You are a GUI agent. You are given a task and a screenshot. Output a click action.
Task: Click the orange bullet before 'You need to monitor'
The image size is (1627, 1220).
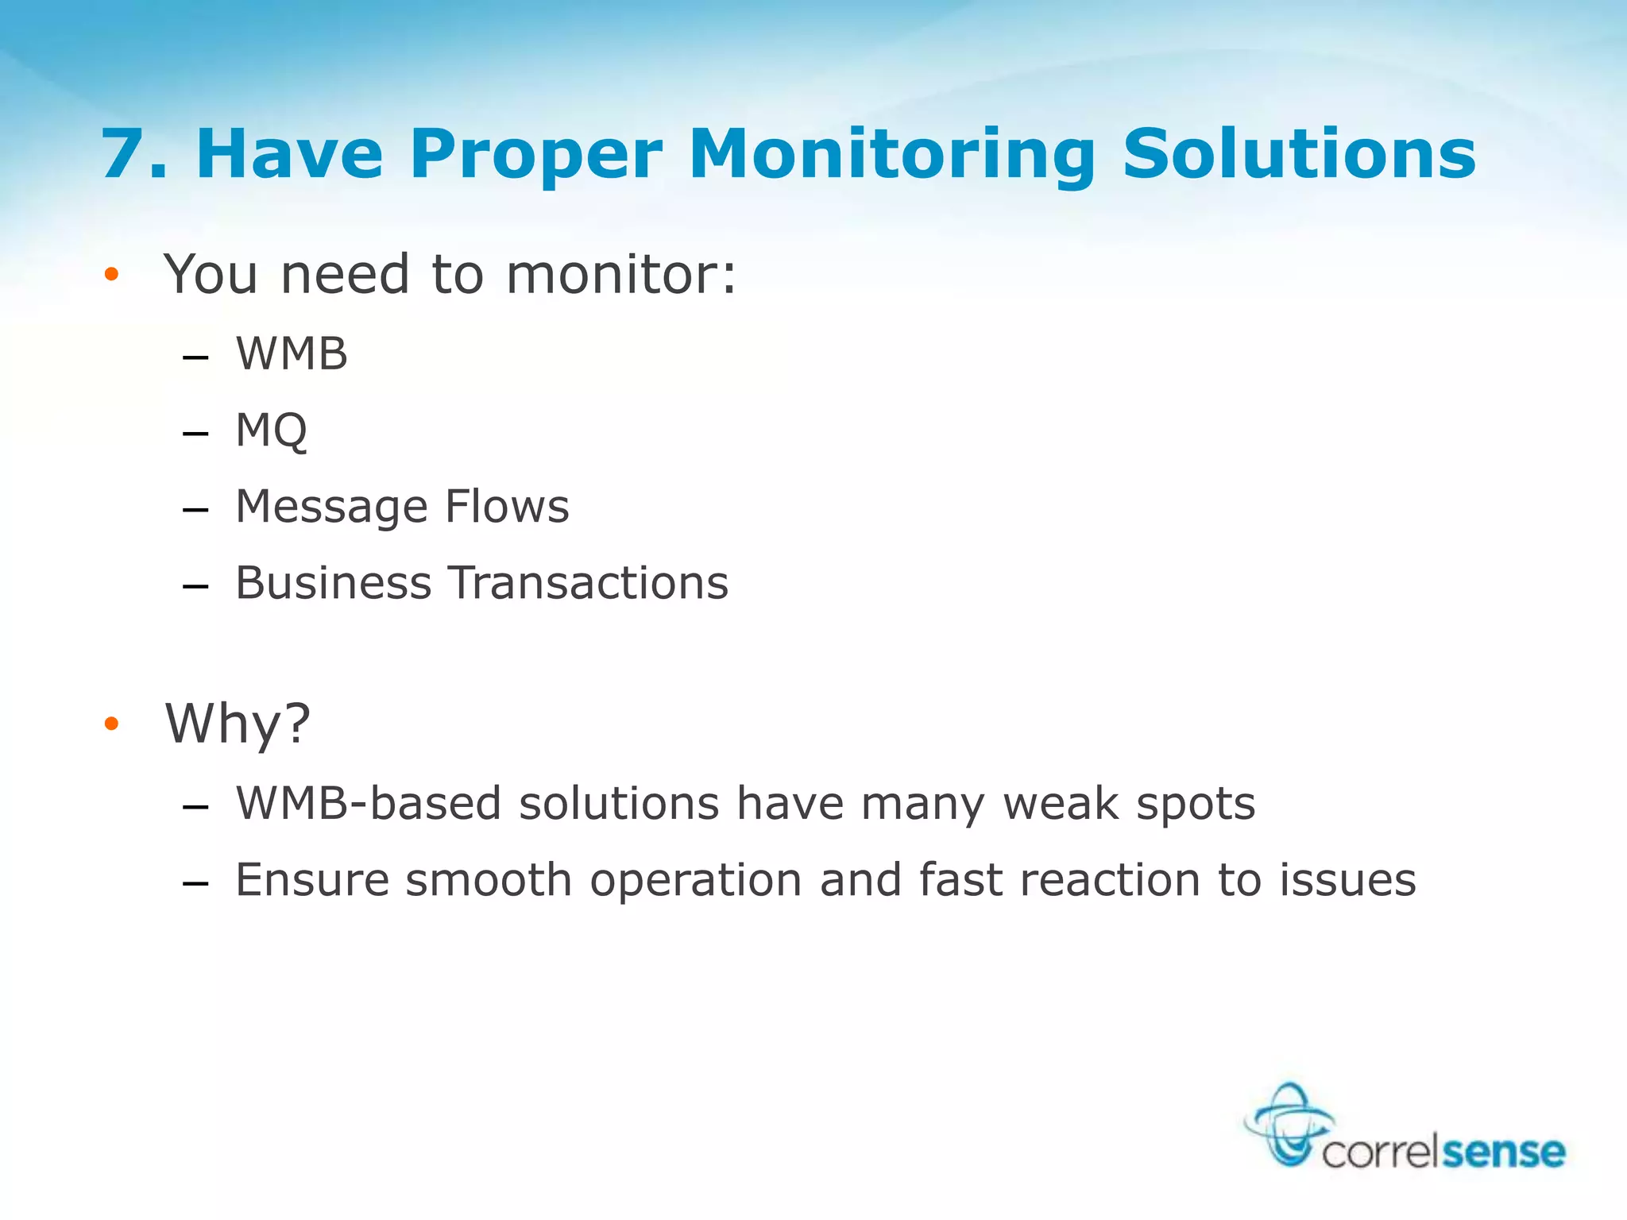tap(111, 275)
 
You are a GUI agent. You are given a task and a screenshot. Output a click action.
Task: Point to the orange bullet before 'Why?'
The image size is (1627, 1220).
tap(111, 724)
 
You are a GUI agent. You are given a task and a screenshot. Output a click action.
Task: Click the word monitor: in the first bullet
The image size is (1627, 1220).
tap(621, 275)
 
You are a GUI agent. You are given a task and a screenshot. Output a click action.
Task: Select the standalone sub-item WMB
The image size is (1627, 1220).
tap(292, 353)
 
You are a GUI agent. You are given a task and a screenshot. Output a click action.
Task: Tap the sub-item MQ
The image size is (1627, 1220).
tap(271, 430)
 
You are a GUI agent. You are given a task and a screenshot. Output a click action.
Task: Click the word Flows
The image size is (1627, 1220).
tap(507, 507)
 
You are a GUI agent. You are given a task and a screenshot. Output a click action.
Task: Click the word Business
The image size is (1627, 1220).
tap(334, 583)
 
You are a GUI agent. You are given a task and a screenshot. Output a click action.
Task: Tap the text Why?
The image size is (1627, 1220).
tap(237, 724)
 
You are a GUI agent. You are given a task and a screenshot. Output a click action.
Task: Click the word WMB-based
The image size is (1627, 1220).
tap(369, 803)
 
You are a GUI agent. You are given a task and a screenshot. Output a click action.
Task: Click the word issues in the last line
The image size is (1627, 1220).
tap(1347, 880)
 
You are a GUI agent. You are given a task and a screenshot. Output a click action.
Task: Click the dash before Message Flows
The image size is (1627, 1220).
tap(195, 508)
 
